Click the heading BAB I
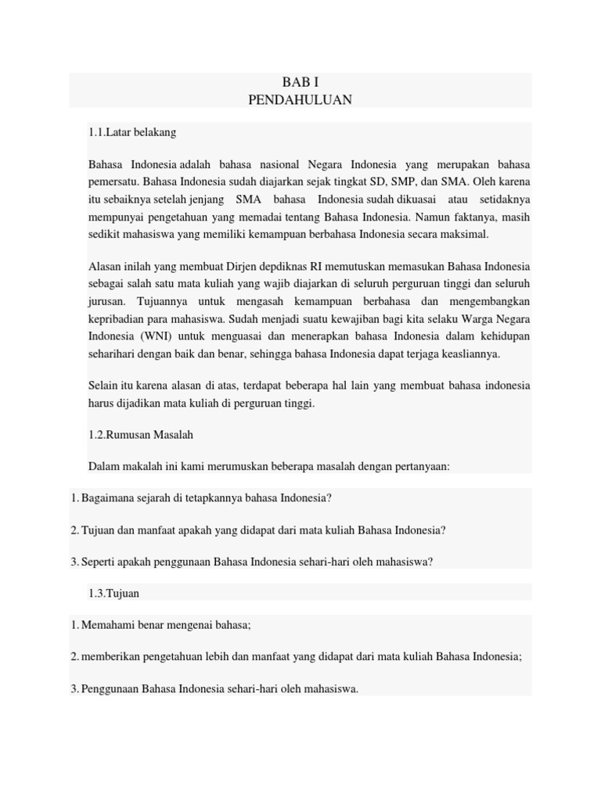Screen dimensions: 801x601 300,82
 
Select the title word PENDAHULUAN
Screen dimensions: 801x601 300,99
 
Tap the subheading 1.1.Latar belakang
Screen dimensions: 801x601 132,132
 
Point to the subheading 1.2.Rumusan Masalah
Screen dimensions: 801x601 141,434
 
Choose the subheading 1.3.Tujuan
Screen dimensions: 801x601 114,593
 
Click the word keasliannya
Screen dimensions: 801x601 470,354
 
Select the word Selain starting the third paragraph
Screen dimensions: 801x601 104,386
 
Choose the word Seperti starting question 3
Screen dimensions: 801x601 99,562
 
